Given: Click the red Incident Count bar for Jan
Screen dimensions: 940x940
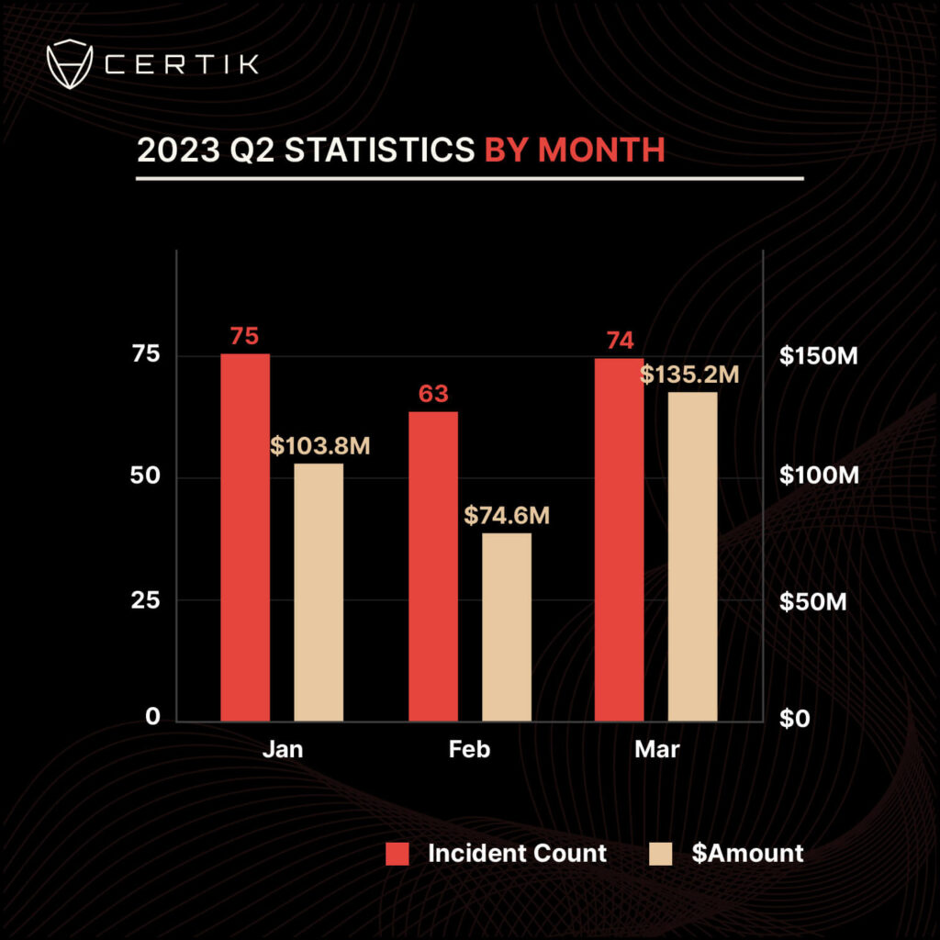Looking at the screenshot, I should click(245, 537).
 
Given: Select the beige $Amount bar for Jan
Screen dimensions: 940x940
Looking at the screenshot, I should click(319, 592).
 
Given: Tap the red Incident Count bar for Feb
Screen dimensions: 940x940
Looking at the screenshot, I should click(433, 565).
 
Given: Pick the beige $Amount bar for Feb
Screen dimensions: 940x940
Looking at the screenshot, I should click(507, 627).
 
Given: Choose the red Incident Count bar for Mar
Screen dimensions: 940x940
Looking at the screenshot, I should click(620, 540).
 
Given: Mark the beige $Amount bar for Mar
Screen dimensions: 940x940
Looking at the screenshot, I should click(693, 556).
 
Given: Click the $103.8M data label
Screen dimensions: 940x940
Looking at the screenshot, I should click(319, 447).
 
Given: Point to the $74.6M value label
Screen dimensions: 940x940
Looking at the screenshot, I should click(507, 516).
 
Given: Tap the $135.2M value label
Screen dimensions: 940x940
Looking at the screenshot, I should click(689, 375).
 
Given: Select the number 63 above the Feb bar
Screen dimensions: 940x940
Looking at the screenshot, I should click(433, 395).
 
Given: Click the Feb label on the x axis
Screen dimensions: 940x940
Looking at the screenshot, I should click(469, 750).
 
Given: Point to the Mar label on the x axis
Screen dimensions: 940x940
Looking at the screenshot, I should click(657, 750).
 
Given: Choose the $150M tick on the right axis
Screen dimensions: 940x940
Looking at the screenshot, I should click(818, 356).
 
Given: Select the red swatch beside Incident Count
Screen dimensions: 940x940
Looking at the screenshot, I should click(397, 853).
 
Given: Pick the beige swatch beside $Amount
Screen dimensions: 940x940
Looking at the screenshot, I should click(661, 853).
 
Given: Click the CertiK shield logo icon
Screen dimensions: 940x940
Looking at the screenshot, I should click(70, 64).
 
